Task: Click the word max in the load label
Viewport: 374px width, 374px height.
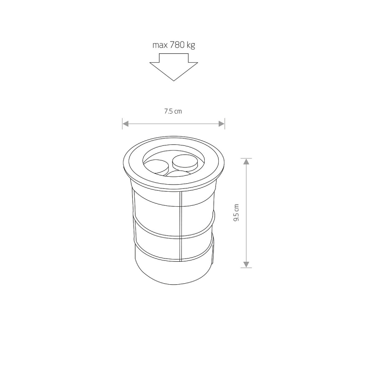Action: pyautogui.click(x=160, y=45)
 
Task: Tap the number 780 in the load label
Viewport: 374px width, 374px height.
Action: pyautogui.click(x=177, y=44)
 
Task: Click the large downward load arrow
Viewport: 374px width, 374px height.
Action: pyautogui.click(x=173, y=67)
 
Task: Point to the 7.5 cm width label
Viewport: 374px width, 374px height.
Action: pyautogui.click(x=173, y=111)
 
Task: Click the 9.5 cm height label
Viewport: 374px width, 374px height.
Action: pyautogui.click(x=237, y=213)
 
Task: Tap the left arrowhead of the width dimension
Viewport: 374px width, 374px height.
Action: pyautogui.click(x=126, y=124)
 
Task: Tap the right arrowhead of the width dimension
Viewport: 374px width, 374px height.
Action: pyautogui.click(x=221, y=124)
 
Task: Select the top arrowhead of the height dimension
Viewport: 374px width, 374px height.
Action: pyautogui.click(x=246, y=161)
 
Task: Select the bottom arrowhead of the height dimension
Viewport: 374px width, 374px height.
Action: pyautogui.click(x=246, y=265)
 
